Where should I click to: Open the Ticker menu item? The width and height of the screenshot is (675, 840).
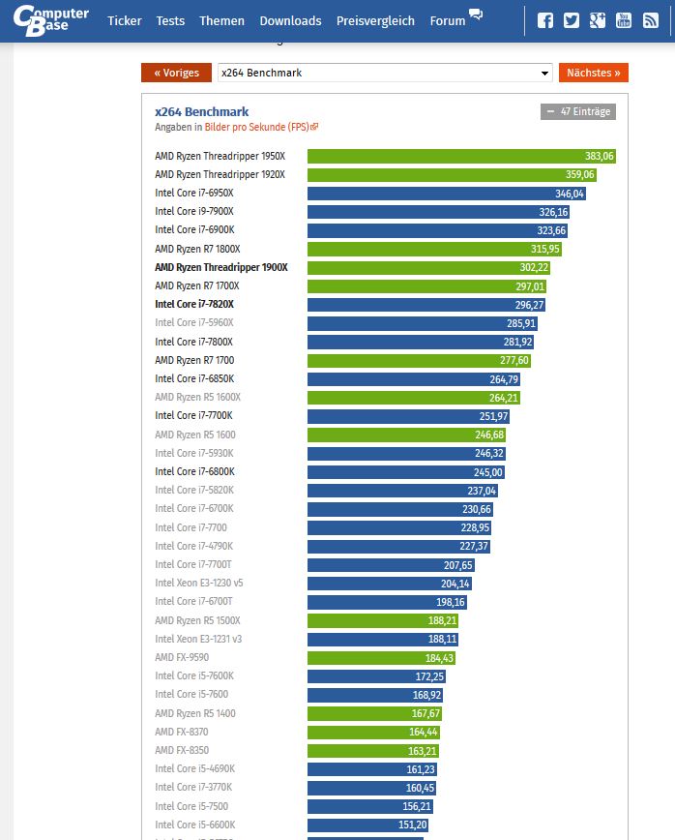click(125, 20)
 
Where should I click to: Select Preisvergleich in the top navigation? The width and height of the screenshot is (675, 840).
click(375, 20)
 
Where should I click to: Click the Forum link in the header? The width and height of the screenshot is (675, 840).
click(448, 20)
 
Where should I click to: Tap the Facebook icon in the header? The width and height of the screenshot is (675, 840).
click(545, 20)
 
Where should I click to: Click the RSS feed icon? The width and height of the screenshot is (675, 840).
click(651, 20)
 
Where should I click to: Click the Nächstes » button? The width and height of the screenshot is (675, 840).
click(593, 73)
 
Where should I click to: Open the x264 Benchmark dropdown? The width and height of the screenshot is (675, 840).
click(385, 73)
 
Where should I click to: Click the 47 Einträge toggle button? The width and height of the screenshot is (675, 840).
click(578, 111)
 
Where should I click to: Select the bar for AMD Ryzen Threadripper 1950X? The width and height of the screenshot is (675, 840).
click(462, 156)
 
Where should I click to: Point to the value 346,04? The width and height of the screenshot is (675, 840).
click(570, 194)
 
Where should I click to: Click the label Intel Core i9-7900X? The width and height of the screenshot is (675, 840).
click(194, 212)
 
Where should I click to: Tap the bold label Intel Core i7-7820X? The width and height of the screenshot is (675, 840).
click(194, 304)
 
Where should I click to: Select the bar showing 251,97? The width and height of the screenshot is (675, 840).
click(408, 416)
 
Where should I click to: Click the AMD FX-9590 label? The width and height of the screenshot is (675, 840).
click(182, 657)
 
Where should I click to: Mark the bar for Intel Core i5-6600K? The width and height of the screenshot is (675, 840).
click(367, 825)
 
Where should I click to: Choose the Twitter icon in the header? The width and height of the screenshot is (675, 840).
click(572, 20)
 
